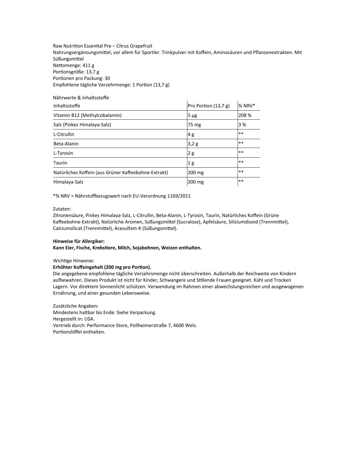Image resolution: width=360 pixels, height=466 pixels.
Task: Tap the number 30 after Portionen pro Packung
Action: tap(107, 78)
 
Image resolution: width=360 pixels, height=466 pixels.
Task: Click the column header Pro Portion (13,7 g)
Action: tap(209, 106)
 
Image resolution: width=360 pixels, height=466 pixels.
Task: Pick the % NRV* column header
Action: tap(246, 106)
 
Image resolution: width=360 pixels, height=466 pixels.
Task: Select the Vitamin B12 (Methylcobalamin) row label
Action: tap(87, 115)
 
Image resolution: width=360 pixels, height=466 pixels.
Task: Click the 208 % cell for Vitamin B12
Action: tap(245, 115)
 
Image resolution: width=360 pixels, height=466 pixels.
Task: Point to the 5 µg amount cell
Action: tap(192, 115)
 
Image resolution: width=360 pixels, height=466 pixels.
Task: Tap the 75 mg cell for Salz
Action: tap(194, 125)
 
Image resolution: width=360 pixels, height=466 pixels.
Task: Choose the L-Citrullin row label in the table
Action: tap(64, 134)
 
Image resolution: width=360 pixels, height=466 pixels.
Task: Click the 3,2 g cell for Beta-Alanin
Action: tap(193, 144)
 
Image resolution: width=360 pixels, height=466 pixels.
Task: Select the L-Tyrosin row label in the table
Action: tap(63, 153)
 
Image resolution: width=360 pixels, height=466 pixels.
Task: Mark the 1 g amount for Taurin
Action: tap(191, 163)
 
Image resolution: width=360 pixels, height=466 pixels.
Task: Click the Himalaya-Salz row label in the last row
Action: tap(68, 182)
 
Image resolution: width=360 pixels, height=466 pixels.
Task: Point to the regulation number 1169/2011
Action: tap(180, 196)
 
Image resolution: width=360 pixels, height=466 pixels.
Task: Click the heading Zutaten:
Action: tap(62, 209)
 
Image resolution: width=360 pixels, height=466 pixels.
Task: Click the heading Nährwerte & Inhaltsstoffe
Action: tap(81, 98)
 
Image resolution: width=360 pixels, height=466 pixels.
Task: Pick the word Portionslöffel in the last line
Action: tap(67, 332)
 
